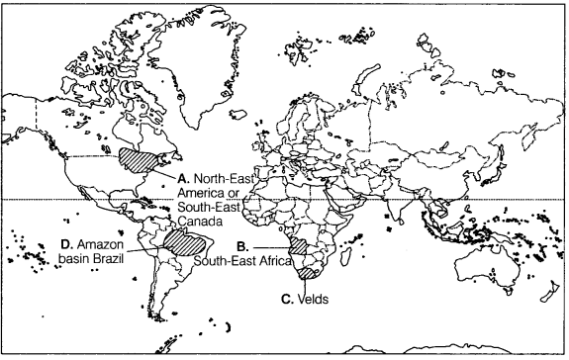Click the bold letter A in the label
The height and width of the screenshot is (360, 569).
[x=183, y=178]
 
